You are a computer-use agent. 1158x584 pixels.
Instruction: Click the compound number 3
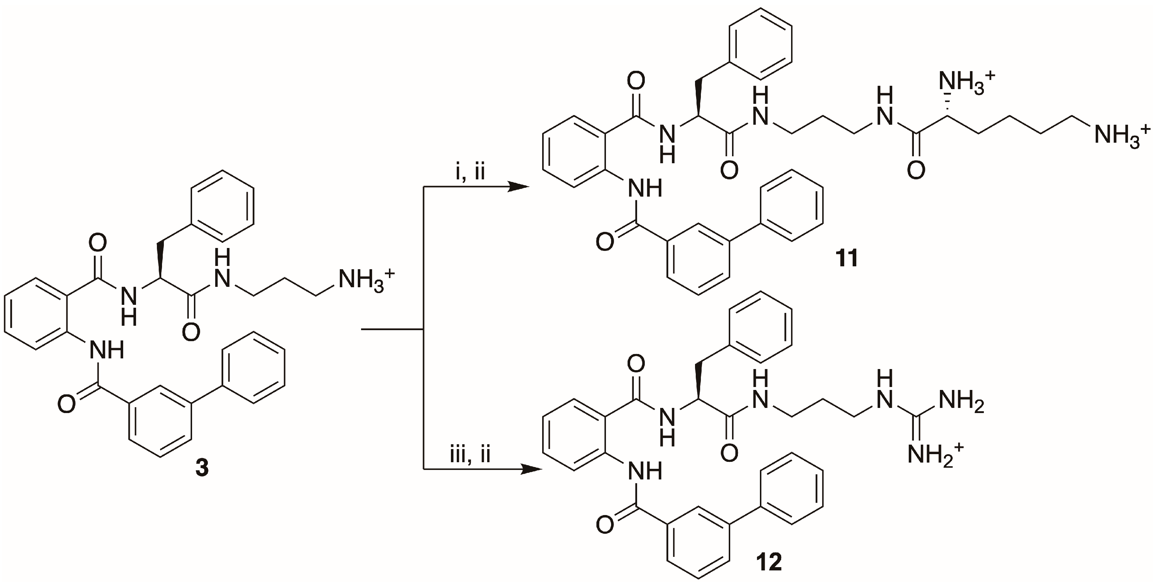pyautogui.click(x=202, y=468)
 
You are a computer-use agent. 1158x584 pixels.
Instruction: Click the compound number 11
pyautogui.click(x=846, y=258)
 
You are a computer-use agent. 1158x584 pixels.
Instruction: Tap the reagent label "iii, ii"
pyautogui.click(x=470, y=455)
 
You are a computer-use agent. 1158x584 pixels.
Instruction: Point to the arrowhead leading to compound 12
pyautogui.click(x=531, y=470)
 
